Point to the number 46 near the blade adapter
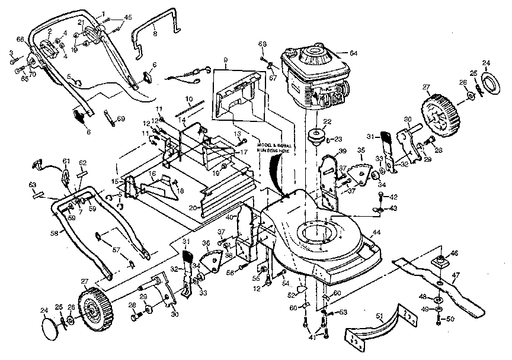tap(454, 253)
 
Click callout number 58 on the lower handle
tap(54, 234)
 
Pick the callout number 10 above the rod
tap(189, 98)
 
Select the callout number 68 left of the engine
tap(263, 43)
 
